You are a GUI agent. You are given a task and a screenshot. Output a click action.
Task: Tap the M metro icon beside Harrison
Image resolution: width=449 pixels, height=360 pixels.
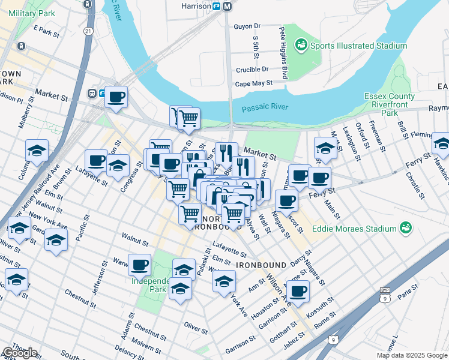228,6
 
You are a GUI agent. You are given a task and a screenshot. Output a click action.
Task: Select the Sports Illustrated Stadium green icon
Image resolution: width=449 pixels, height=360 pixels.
300,45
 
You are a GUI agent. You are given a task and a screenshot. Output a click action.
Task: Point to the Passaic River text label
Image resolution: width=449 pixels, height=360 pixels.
265,108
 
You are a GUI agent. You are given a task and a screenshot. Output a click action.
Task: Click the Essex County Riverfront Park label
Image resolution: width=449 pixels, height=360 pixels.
390,104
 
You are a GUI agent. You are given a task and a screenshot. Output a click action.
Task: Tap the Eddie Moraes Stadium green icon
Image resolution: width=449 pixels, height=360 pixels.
406,228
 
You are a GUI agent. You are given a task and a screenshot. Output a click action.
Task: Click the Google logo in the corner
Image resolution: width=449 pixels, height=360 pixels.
19,353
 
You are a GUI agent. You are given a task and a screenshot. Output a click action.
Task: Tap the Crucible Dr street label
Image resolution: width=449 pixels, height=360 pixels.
247,70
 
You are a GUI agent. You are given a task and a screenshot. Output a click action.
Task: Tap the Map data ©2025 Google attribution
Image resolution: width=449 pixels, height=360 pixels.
412,355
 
